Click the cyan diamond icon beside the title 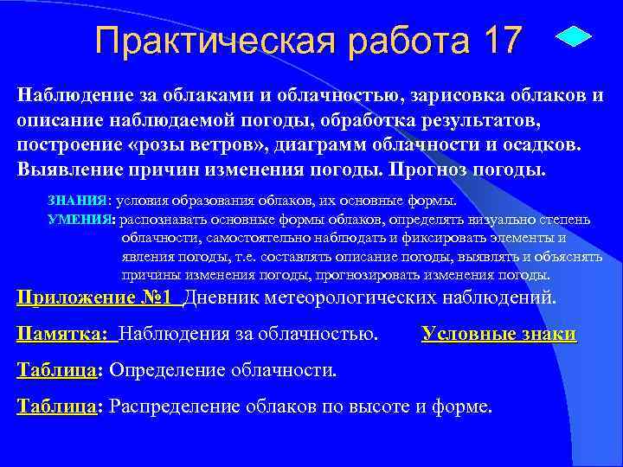pyautogui.click(x=571, y=39)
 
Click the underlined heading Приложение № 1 pyautogui.click(x=98, y=298)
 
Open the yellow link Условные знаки pyautogui.click(x=498, y=334)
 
